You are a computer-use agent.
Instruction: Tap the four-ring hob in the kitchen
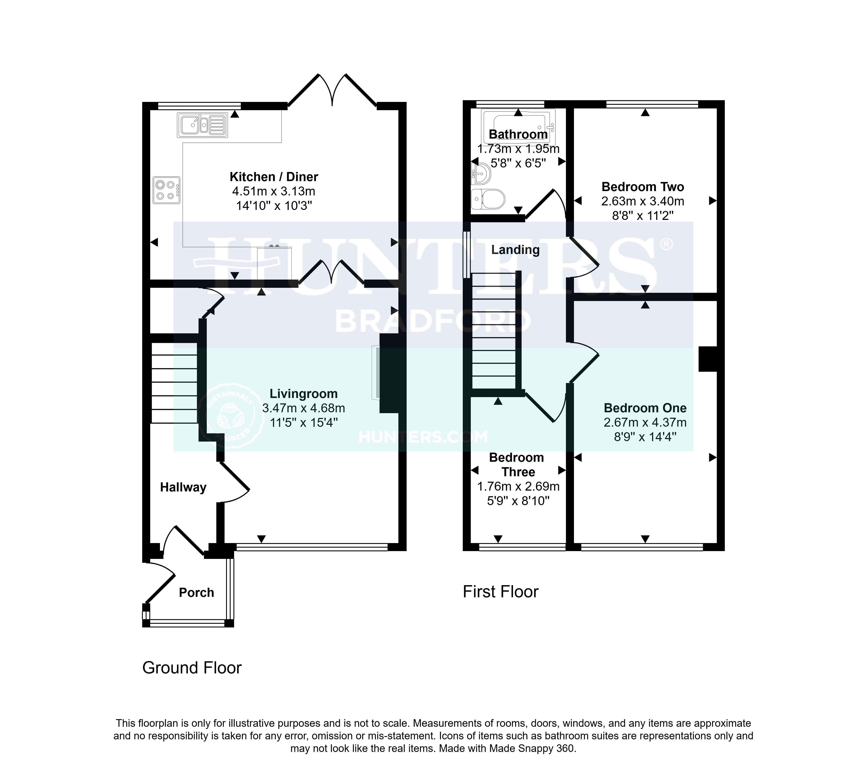click(166, 190)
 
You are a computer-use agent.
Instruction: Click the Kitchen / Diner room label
click(274, 177)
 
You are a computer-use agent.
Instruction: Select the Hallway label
click(183, 487)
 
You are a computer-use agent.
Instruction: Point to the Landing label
click(515, 250)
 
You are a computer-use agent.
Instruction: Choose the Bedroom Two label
click(643, 187)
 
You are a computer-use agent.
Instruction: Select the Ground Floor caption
click(192, 668)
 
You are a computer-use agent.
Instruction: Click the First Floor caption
click(500, 591)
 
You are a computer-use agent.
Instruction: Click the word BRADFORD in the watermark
click(433, 321)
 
